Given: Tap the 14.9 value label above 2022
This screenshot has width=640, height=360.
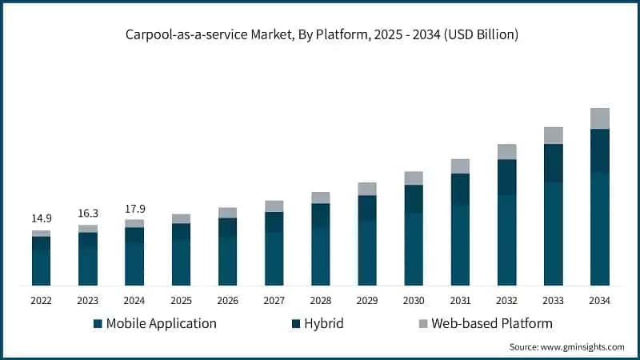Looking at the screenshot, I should click(x=42, y=218).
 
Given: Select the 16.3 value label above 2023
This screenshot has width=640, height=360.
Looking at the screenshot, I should click(x=88, y=213).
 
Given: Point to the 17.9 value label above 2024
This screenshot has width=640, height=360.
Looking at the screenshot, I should click(x=134, y=208).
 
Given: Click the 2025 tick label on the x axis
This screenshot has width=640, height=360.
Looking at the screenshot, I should click(x=181, y=300).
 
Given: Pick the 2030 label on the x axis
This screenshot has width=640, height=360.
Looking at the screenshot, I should click(x=414, y=300).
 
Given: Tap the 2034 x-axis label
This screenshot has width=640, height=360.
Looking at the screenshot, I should click(x=599, y=300).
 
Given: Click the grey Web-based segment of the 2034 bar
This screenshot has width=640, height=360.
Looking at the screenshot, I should click(x=599, y=118).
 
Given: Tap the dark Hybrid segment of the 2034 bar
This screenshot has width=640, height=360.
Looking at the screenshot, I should click(x=599, y=150).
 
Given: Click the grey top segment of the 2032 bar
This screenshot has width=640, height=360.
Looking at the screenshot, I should click(x=506, y=152).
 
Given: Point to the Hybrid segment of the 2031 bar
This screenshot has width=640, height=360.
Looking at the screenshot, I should click(x=460, y=189).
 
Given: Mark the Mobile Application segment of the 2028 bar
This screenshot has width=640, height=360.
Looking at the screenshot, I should click(x=321, y=256).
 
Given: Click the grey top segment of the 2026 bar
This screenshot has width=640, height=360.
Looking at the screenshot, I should click(x=227, y=213).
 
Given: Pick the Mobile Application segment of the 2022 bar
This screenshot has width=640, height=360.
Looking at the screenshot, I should click(x=42, y=268).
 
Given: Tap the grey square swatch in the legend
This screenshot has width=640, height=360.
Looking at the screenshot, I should click(x=422, y=324).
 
